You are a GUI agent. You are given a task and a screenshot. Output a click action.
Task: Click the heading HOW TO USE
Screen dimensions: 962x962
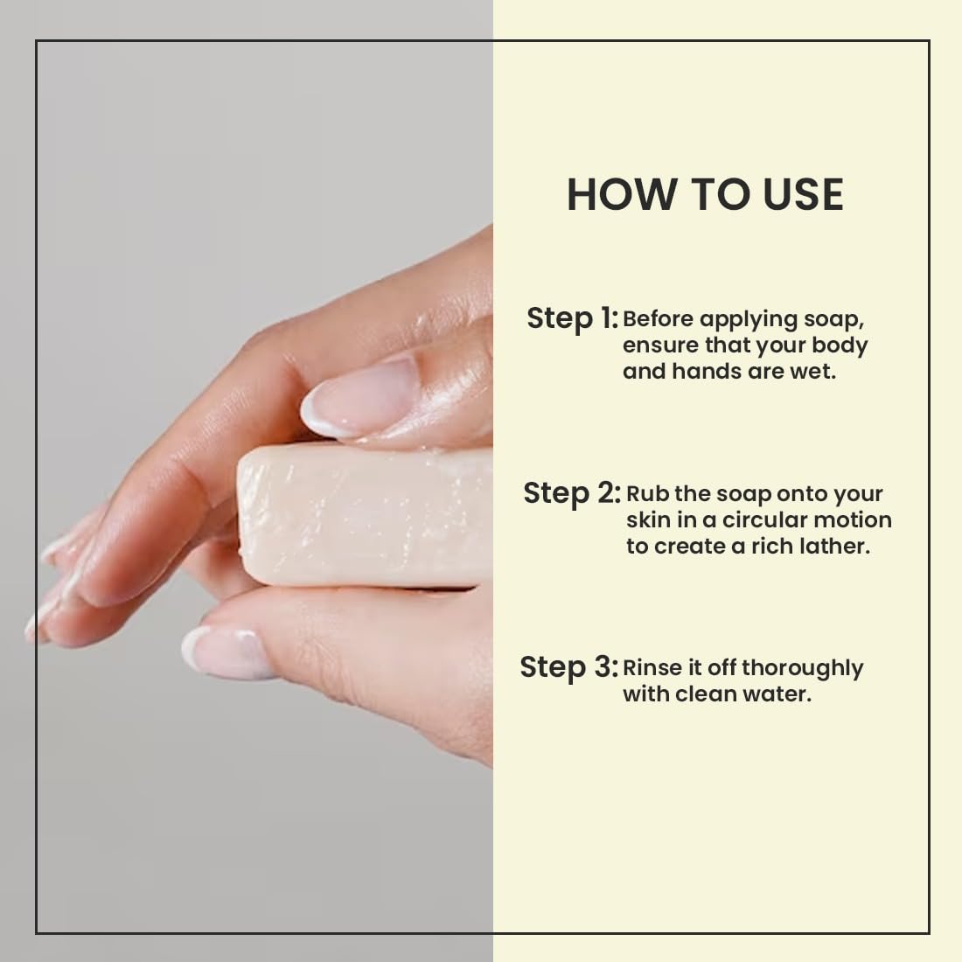tap(705, 194)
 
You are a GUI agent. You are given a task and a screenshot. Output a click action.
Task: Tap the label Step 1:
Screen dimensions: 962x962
tap(573, 318)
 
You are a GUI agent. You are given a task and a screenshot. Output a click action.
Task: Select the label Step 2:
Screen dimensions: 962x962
tap(572, 493)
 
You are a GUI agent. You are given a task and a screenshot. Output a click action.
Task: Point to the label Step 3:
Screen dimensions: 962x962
tap(568, 667)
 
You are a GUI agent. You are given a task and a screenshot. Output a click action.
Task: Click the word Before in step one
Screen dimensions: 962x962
tap(658, 319)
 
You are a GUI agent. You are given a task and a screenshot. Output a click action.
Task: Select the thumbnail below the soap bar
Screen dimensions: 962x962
tap(228, 652)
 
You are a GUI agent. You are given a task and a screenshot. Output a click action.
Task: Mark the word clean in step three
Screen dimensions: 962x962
tap(703, 694)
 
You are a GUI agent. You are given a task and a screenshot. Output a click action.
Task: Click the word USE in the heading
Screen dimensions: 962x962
tap(804, 194)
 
